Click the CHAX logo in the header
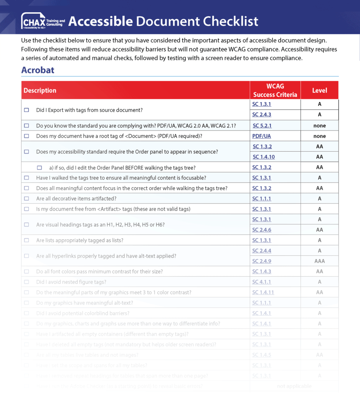point(43,21)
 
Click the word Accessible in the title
point(101,21)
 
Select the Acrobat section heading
point(38,70)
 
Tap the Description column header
point(40,91)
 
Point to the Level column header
point(319,91)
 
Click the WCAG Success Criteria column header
point(275,90)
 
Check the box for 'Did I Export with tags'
point(26,110)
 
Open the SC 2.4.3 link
point(262,114)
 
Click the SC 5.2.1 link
point(262,125)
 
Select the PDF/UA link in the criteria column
point(261,136)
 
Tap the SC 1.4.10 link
point(264,157)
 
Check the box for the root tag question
point(26,136)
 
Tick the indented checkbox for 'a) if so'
point(39,168)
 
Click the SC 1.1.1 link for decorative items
point(262,198)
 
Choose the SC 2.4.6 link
point(262,230)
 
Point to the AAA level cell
point(319,261)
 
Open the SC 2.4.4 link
point(262,251)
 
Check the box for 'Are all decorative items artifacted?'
point(26,198)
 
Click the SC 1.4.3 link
point(262,271)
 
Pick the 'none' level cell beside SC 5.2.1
point(319,125)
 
